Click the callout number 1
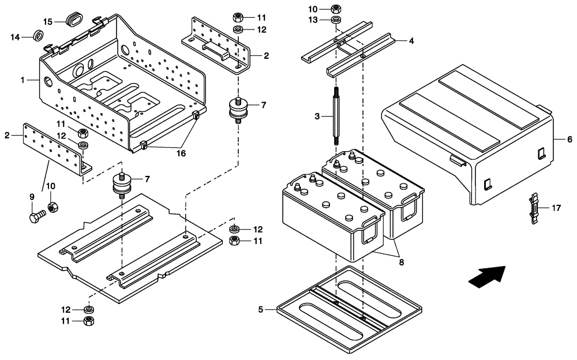(23, 80)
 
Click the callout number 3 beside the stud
(317, 117)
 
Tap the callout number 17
(556, 207)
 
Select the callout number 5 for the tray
(260, 310)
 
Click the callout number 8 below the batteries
(401, 261)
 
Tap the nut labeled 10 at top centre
(336, 9)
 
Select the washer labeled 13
(336, 21)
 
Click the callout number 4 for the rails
(411, 41)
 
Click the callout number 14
(16, 37)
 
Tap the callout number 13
(313, 21)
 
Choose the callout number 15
(48, 21)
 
